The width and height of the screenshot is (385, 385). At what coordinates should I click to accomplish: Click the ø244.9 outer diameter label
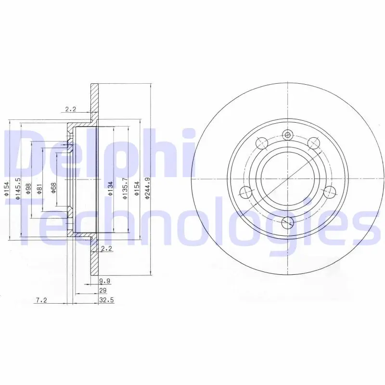click(147, 188)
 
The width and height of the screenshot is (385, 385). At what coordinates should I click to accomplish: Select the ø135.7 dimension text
click(125, 188)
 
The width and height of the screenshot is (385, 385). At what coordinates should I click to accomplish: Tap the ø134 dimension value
click(110, 189)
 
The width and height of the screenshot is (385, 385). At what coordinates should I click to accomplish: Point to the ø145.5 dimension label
click(17, 189)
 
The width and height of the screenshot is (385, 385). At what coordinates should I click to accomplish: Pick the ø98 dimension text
click(28, 189)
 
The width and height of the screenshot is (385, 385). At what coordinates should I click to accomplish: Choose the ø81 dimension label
click(40, 189)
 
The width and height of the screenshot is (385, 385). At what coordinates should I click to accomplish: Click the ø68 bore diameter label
click(53, 189)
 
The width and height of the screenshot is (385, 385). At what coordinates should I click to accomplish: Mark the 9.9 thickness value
click(104, 281)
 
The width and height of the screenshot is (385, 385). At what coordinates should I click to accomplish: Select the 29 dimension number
click(103, 291)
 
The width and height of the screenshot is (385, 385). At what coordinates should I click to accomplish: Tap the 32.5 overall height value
click(106, 300)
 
